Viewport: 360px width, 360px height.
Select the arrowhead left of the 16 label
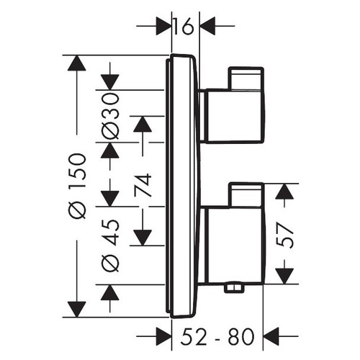click(163, 27)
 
